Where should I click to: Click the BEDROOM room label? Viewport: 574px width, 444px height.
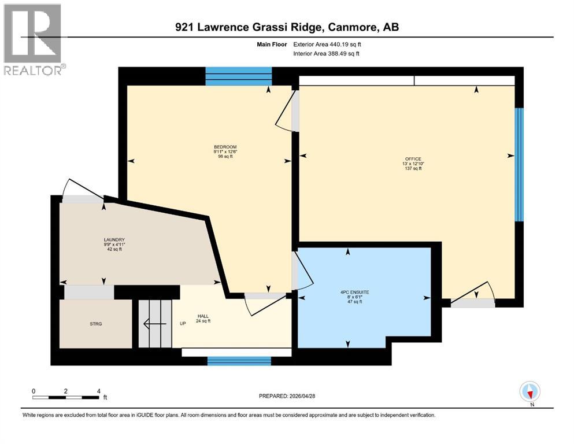225,147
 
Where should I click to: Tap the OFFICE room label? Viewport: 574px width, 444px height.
413,159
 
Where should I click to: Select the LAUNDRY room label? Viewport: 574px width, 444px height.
114,240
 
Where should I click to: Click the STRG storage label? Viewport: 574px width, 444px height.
96,324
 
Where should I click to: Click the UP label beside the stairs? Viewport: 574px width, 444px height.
183,323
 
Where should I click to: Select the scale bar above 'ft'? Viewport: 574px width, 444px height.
66,397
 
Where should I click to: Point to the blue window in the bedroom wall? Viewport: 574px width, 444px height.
239,76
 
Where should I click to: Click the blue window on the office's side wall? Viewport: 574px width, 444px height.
519,165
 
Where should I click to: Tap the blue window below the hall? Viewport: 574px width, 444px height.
239,361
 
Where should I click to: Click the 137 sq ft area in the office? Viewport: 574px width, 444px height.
413,168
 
